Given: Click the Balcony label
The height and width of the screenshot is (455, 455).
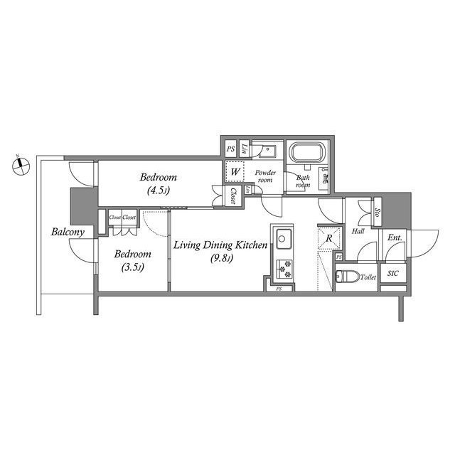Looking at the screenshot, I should [x=68, y=232].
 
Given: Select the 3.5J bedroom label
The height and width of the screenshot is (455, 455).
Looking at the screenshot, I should [x=133, y=260].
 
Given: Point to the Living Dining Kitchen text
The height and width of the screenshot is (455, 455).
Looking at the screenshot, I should [x=220, y=245].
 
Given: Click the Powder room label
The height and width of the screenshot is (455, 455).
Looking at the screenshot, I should [x=265, y=176].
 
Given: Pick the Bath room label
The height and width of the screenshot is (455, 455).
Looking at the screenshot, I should [x=304, y=182].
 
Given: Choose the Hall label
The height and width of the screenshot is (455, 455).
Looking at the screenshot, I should [x=358, y=232].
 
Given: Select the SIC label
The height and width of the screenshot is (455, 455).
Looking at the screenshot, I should [x=392, y=274].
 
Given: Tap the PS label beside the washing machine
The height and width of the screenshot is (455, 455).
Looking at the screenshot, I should [x=230, y=149].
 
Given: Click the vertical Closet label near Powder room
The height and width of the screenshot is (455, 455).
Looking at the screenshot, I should [x=232, y=196].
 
